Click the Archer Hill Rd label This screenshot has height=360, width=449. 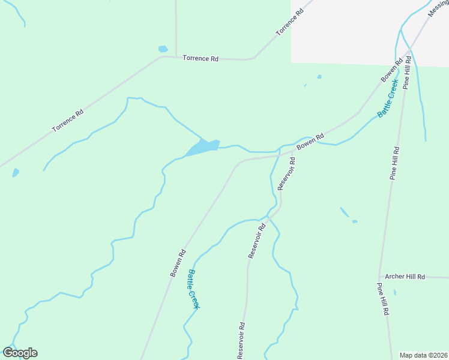pos(405,277)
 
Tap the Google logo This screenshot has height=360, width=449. pos(20,353)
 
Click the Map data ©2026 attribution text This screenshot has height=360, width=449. pos(424,355)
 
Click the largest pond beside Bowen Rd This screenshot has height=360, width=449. pos(202,148)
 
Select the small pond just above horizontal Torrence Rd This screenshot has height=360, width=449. pos(163,49)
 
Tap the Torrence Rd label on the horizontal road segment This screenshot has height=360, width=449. pos(200,59)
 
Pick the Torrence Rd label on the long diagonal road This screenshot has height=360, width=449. pos(67,121)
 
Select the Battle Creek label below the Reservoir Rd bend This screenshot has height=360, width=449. pos(193,289)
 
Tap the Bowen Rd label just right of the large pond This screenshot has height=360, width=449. pos(311,142)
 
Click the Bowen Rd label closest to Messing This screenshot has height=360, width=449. pos(391,71)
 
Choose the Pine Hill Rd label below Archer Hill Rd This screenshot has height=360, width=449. pos(384,299)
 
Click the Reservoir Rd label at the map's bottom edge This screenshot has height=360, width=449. pos(241,341)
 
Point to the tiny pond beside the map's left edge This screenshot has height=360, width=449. pos(16,173)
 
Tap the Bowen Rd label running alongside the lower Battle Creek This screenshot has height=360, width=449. pos(178,263)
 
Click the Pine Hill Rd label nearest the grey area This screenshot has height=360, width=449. pos(408,73)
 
